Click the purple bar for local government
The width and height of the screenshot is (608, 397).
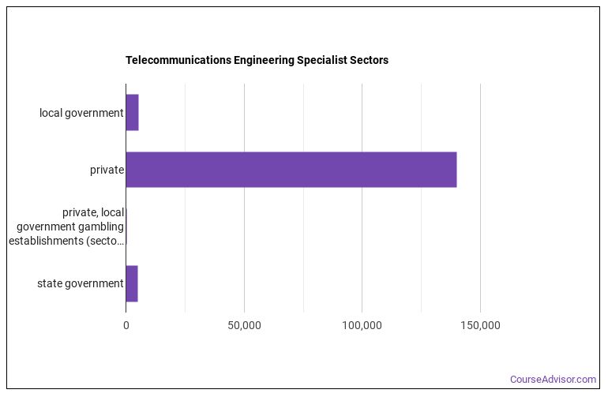(132, 113)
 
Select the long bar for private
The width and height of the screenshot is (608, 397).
(291, 170)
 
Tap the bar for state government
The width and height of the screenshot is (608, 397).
(132, 283)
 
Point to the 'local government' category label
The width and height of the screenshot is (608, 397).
(81, 113)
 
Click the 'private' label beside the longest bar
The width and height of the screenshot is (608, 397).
(107, 170)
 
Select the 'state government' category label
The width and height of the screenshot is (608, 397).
(81, 283)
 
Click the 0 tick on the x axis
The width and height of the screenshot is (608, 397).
(126, 325)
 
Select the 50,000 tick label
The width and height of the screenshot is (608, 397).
(244, 325)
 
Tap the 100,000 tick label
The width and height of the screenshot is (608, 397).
(362, 325)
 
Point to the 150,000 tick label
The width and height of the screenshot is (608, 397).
(480, 325)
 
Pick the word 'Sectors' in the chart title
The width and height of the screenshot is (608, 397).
(368, 60)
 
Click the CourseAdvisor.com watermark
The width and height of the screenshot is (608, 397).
(553, 380)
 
